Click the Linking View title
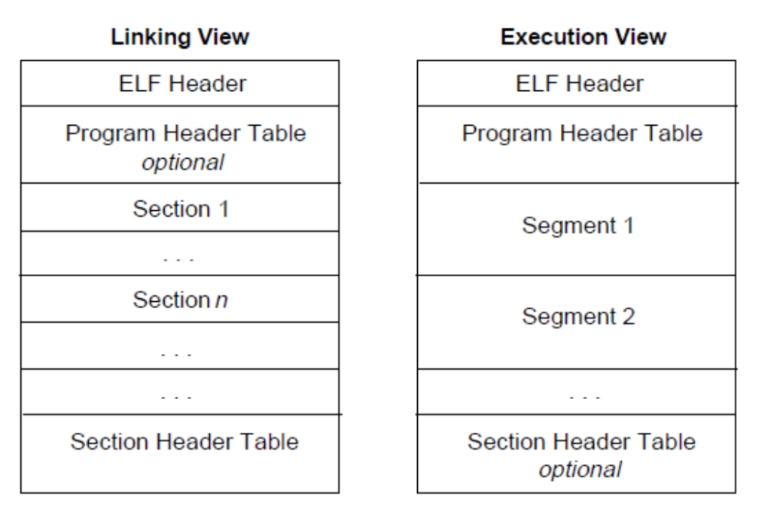(180, 38)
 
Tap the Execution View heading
(584, 37)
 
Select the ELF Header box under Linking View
(180, 83)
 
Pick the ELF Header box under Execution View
(576, 83)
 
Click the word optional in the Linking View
(183, 163)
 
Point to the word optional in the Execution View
(581, 470)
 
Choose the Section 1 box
(180, 207)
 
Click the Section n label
(181, 300)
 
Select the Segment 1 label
(577, 226)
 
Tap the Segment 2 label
(578, 316)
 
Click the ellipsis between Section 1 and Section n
(178, 258)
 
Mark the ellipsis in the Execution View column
(584, 397)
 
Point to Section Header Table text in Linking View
(184, 441)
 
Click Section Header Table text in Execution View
(581, 441)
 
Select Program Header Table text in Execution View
(582, 133)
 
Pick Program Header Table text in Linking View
(186, 133)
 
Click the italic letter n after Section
(222, 300)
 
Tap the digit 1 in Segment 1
(629, 226)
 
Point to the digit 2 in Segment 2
(629, 316)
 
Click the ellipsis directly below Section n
(176, 353)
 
